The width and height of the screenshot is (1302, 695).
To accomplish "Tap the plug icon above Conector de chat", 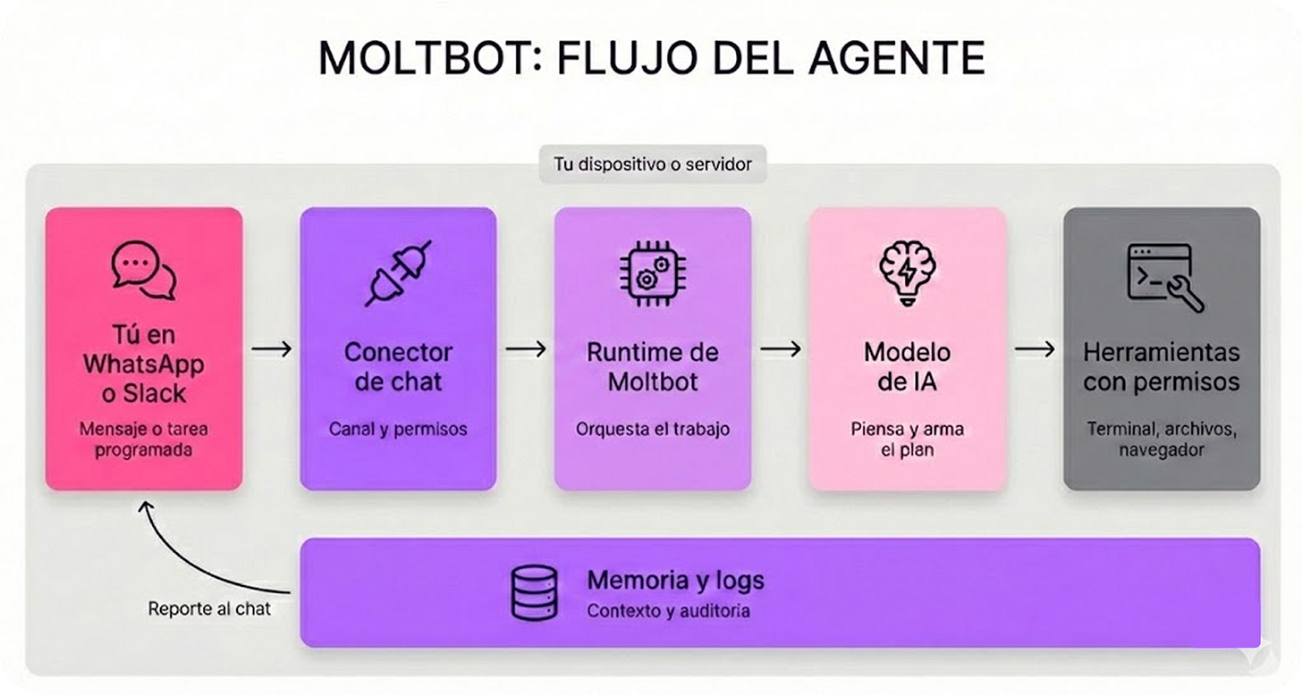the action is pyautogui.click(x=398, y=273).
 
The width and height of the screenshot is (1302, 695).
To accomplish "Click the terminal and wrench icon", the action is pyautogui.click(x=1162, y=275).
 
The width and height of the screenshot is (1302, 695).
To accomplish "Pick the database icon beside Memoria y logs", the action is pyautogui.click(x=534, y=591).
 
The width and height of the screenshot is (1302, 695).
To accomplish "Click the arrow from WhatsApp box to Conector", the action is pyautogui.click(x=271, y=349).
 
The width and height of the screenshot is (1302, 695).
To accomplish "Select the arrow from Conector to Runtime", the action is pyautogui.click(x=526, y=349).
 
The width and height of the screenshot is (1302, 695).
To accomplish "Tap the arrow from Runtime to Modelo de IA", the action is pyautogui.click(x=780, y=349).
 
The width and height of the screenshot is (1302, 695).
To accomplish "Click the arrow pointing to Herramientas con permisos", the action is pyautogui.click(x=1035, y=349).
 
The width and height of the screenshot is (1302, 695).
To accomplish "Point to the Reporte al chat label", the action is pyautogui.click(x=209, y=610).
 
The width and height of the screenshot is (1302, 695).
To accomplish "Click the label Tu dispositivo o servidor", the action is pyautogui.click(x=652, y=164).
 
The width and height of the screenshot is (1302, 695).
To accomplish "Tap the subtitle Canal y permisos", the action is pyautogui.click(x=398, y=429).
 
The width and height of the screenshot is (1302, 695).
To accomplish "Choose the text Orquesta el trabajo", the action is pyautogui.click(x=653, y=429).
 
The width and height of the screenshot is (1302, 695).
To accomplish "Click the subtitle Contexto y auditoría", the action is pyautogui.click(x=668, y=612).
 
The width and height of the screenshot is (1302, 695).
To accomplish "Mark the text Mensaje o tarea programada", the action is pyautogui.click(x=144, y=439).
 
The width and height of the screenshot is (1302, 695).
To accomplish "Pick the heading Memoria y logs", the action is pyautogui.click(x=675, y=580).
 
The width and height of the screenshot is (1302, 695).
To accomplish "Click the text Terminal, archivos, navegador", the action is pyautogui.click(x=1162, y=439).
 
